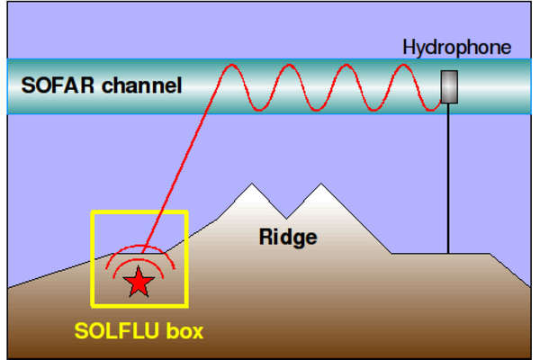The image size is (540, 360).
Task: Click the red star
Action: coord(139,283)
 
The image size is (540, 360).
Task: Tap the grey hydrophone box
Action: coord(449,86)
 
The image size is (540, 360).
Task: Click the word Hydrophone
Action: coord(456,48)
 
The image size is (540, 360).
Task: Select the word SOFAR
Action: coord(58,85)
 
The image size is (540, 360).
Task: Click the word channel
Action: coord(141,85)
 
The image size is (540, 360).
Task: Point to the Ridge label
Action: coord(288,238)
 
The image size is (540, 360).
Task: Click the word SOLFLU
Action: coord(116,330)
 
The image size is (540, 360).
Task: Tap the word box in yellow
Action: coord(184,330)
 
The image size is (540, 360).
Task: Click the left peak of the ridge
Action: coord(252,184)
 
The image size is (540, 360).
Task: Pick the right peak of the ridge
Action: coord(321,184)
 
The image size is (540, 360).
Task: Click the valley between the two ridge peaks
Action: coord(286,218)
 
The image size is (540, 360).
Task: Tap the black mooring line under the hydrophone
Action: coord(448,178)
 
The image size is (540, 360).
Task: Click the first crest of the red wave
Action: coord(231,65)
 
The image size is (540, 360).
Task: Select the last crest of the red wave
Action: coord(403,65)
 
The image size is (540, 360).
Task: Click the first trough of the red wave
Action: coord(259,110)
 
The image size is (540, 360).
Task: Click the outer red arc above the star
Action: coord(140,246)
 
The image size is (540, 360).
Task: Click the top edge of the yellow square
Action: coord(139,212)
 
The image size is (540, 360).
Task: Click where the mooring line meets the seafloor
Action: coord(448,254)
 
